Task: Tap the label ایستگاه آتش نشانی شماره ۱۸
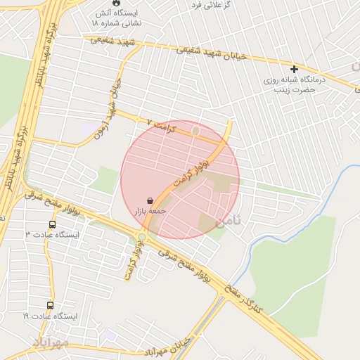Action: [x=115, y=18]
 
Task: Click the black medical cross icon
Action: [x=294, y=69]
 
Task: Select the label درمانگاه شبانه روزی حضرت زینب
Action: [x=295, y=84]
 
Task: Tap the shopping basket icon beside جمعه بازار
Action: [x=150, y=200]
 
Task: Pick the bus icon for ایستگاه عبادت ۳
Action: [x=52, y=225]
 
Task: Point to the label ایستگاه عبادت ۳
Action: [x=53, y=235]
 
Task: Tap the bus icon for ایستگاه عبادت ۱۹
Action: [x=50, y=306]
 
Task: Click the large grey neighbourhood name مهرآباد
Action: [x=51, y=342]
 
